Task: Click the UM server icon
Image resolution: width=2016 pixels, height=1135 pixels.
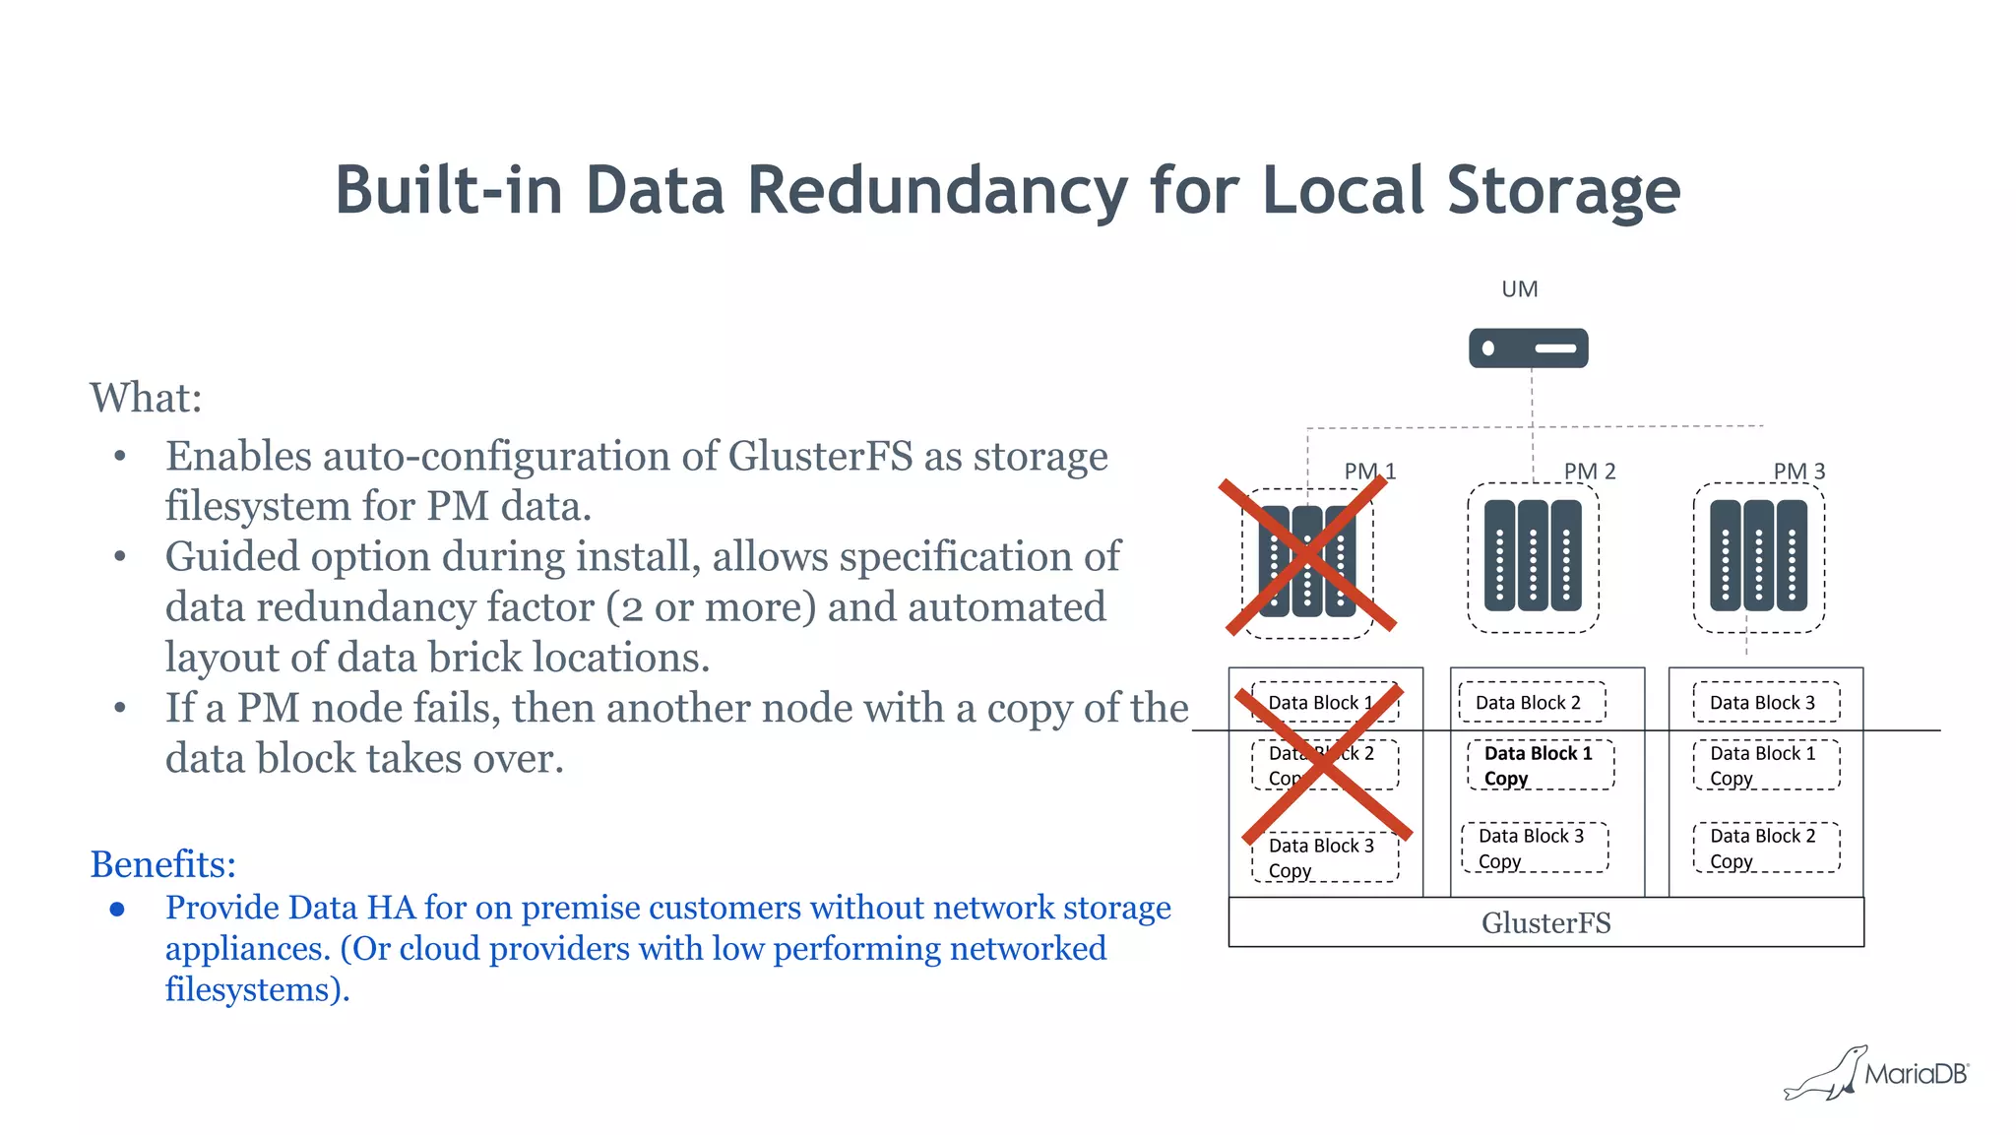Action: tap(1528, 348)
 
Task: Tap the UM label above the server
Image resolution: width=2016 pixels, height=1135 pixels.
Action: tap(1519, 289)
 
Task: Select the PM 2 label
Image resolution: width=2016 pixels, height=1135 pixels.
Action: tap(1589, 472)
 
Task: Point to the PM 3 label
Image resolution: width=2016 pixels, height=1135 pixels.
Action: tap(1798, 472)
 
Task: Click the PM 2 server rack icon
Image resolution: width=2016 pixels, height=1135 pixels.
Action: tap(1533, 556)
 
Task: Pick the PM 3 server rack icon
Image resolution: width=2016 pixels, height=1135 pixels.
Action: tap(1758, 556)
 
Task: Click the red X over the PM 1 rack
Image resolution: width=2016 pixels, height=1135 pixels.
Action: tap(1307, 556)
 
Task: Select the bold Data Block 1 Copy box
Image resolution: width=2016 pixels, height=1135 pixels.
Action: tap(1540, 765)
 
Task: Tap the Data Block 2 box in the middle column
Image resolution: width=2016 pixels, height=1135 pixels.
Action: tap(1531, 702)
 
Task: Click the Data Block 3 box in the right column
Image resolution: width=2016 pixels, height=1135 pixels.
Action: tap(1765, 702)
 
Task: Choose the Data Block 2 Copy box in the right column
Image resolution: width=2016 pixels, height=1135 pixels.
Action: tap(1766, 848)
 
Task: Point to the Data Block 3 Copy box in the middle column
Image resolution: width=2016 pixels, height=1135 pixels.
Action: tap(1534, 848)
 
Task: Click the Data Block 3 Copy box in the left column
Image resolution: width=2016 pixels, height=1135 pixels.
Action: tap(1324, 857)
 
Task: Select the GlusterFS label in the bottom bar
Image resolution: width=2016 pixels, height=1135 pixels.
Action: tap(1545, 923)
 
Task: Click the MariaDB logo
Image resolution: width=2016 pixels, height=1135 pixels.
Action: tap(1876, 1073)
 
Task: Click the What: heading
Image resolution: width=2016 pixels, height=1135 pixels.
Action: tap(146, 398)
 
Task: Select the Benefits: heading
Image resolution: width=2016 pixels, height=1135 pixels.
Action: tap(162, 864)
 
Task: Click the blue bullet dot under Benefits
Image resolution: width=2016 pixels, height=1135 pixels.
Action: tap(117, 909)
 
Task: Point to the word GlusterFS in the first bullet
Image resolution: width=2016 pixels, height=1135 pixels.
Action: tap(820, 457)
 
